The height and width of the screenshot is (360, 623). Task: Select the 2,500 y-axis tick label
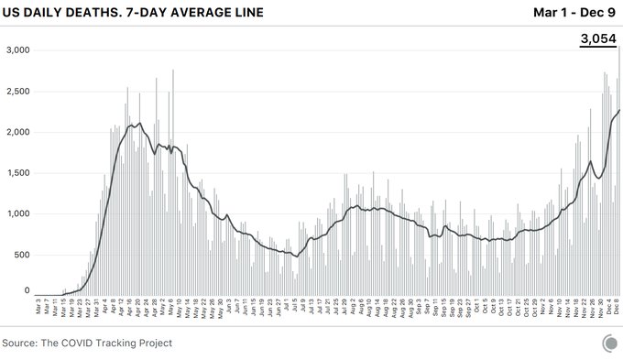click(x=17, y=92)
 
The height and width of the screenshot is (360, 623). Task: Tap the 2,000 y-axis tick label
click(x=17, y=132)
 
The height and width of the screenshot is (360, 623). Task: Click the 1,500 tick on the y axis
click(x=17, y=172)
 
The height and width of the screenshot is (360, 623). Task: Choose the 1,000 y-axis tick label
click(x=17, y=213)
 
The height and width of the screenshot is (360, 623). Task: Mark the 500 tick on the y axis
click(x=22, y=254)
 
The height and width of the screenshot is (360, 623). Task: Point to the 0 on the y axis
click(x=27, y=290)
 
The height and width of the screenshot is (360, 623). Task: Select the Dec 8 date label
click(x=617, y=309)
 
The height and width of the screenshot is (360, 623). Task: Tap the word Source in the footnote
click(x=24, y=343)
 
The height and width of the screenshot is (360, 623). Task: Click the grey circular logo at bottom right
click(x=609, y=344)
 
